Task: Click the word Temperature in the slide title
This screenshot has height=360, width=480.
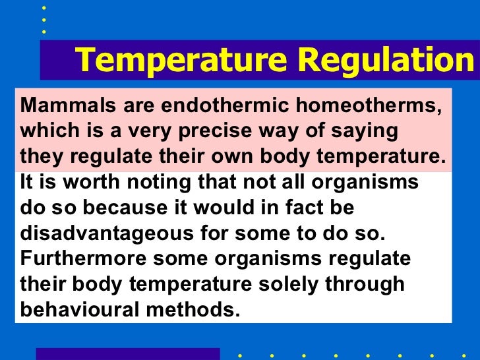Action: pos(182,61)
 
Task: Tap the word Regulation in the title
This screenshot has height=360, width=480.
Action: pos(383,61)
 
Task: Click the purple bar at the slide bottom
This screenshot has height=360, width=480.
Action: pos(127,354)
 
